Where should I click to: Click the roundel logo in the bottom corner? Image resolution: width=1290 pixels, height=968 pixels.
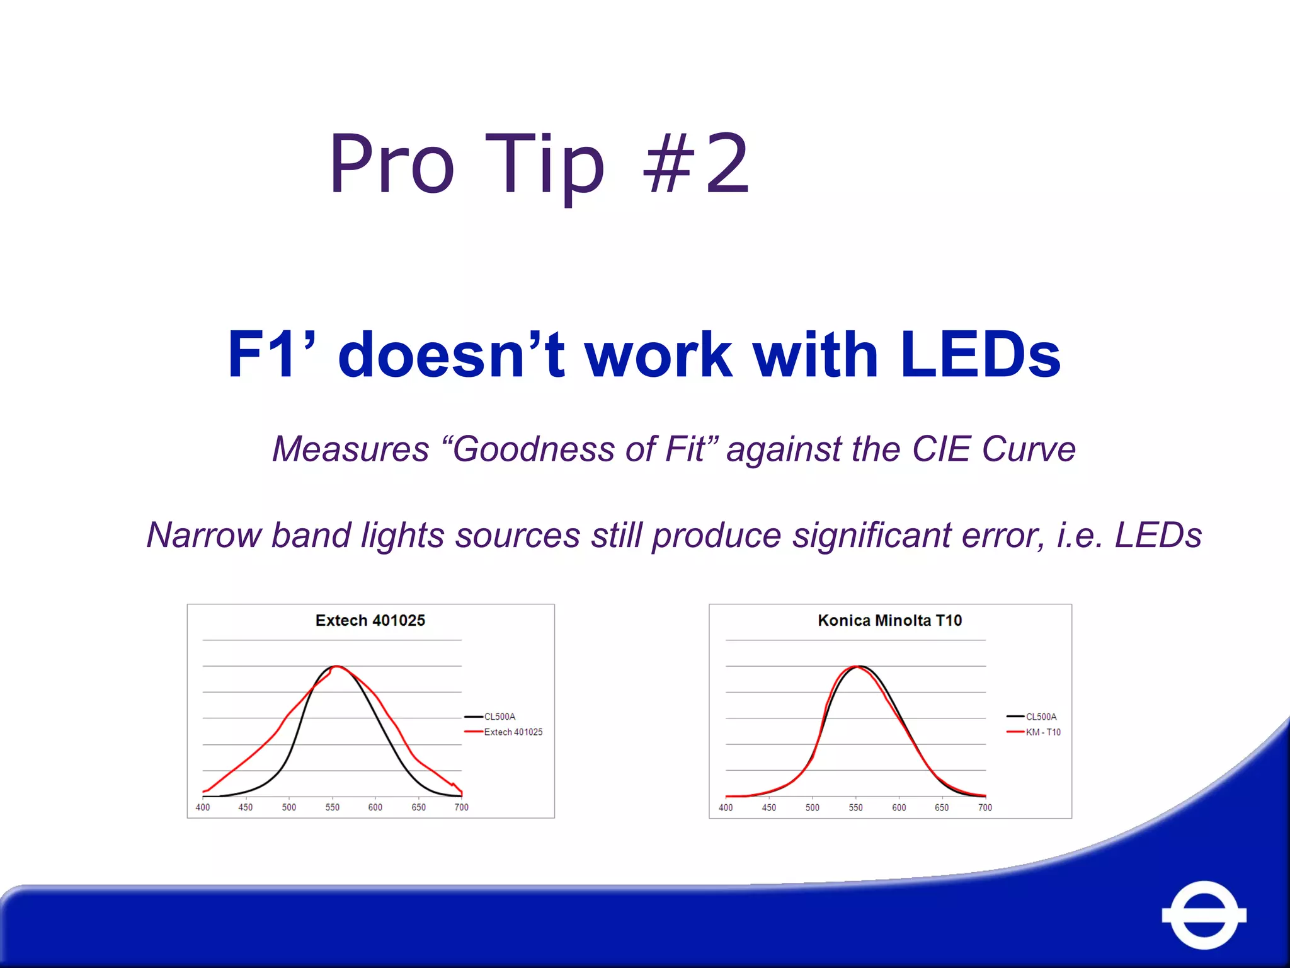(1204, 914)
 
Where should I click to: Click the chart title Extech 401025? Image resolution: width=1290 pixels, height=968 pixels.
(370, 621)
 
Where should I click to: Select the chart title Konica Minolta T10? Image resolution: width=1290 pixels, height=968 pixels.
(889, 621)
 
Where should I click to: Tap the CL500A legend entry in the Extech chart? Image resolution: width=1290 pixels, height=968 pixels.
(499, 717)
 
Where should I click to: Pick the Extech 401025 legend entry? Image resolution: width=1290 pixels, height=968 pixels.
(513, 732)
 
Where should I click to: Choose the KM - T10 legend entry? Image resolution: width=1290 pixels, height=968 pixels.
(1043, 732)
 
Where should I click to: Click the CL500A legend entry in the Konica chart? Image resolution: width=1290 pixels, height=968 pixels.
(1041, 717)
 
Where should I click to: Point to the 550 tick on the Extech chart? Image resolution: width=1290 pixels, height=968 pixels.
(332, 807)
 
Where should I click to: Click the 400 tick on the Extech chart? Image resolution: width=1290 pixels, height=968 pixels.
(203, 807)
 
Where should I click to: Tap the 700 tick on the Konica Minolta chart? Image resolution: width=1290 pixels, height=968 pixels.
(985, 807)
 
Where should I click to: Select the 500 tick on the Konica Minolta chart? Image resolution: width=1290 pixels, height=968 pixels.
(813, 807)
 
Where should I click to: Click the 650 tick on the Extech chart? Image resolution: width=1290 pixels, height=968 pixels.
(418, 807)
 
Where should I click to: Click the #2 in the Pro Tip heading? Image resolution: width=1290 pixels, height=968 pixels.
(696, 164)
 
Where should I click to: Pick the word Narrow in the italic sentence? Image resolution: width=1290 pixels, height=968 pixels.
(203, 536)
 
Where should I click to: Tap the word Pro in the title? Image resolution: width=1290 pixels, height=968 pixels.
(391, 164)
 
